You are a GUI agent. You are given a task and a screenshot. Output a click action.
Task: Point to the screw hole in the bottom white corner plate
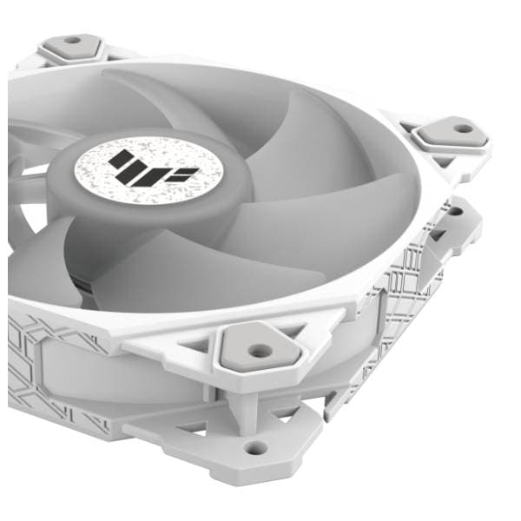255,448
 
